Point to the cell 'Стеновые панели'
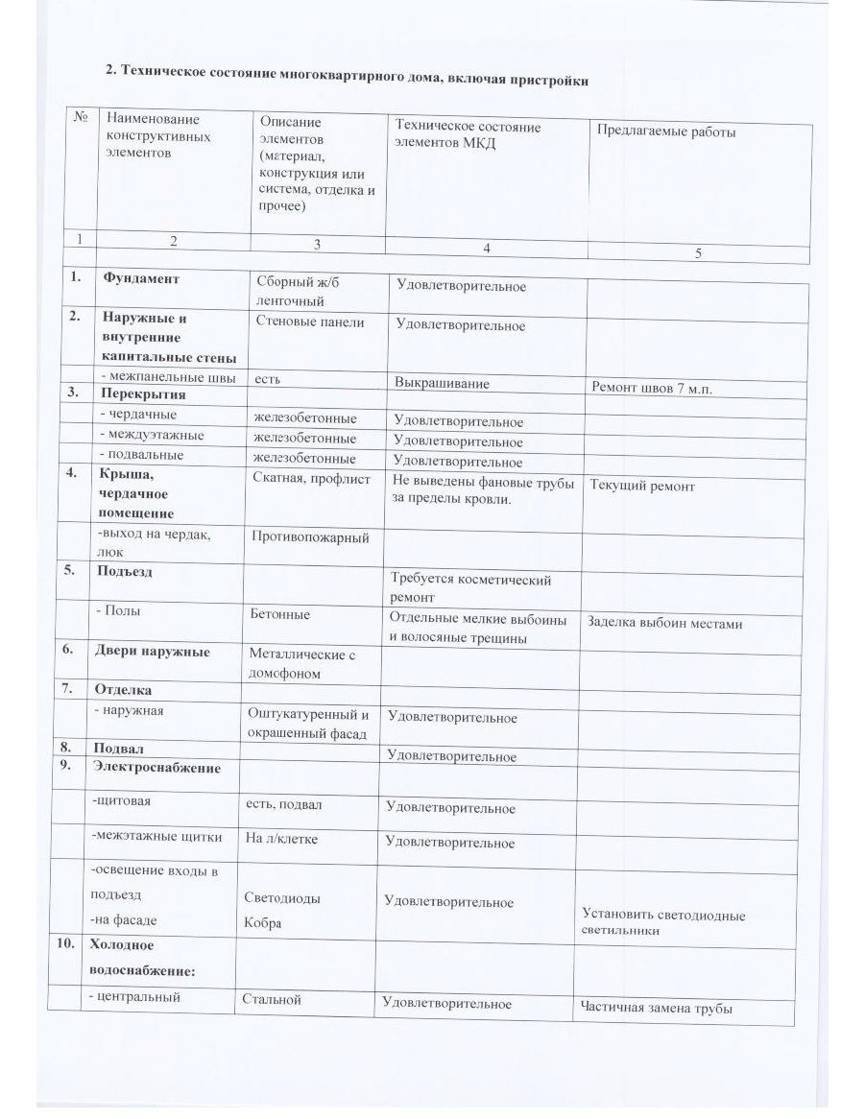click(x=309, y=321)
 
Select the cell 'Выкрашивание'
click(x=442, y=383)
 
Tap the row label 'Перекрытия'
click(x=143, y=394)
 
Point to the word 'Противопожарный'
click(x=310, y=537)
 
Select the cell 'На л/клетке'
click(x=282, y=837)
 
